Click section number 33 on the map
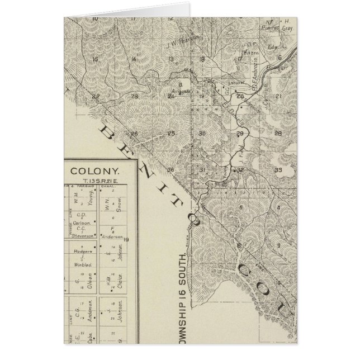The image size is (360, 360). tap(278, 169)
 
